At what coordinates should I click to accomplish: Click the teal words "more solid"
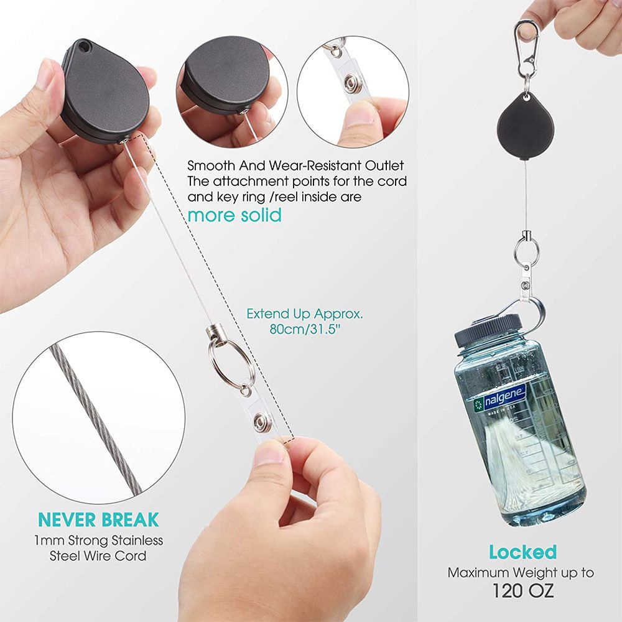234,215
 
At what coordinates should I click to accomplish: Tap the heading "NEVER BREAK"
98,519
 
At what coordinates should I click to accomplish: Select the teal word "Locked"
522,552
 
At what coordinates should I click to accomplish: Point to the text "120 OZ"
522,591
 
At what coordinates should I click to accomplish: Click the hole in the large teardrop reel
84,47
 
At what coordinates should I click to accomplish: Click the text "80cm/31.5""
305,329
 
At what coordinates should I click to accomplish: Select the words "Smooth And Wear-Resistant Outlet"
295,165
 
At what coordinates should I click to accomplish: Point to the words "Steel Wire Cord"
98,555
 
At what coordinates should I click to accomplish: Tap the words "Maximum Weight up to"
521,572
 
